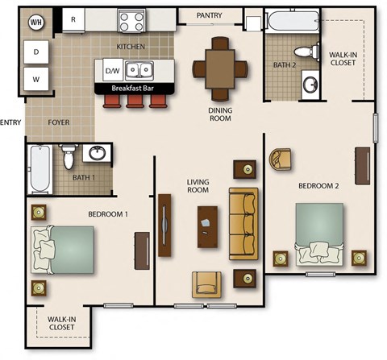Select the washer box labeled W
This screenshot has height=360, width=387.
click(36, 78)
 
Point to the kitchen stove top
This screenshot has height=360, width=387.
click(130, 19)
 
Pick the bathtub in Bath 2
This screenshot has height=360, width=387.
click(292, 22)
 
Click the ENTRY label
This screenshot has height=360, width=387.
click(10, 122)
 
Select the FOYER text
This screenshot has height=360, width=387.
click(59, 122)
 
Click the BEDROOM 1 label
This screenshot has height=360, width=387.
click(108, 214)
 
